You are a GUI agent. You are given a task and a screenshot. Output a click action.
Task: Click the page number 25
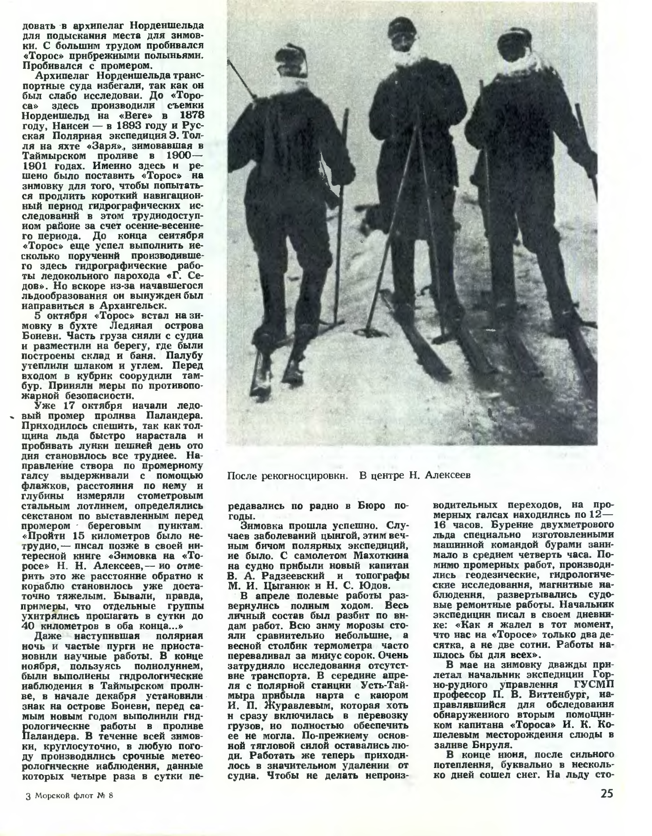[x=607, y=804]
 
